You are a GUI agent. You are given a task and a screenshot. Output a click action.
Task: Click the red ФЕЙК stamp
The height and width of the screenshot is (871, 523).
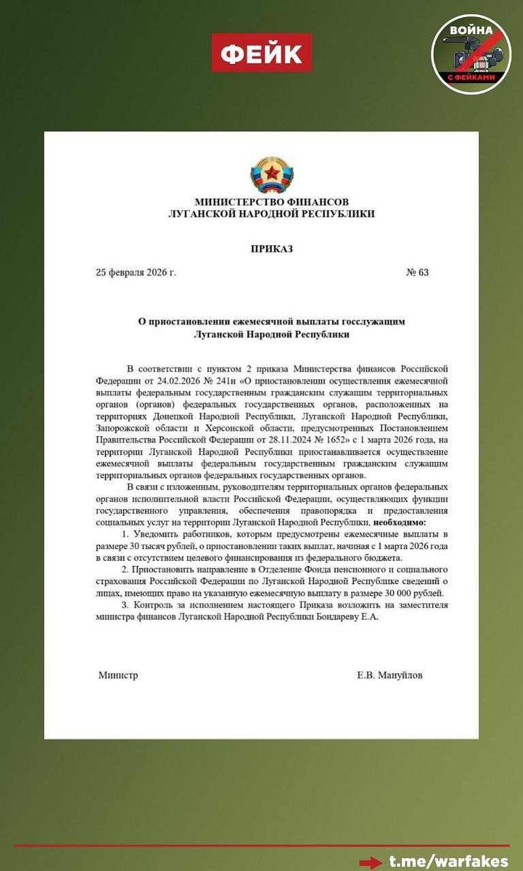tap(261, 52)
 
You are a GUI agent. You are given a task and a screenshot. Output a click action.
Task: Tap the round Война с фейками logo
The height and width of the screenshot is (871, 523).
tap(471, 54)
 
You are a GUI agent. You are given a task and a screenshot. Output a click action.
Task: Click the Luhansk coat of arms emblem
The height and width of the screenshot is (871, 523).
tap(272, 174)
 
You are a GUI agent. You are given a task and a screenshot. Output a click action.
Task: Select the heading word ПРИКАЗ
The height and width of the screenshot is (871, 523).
tap(272, 249)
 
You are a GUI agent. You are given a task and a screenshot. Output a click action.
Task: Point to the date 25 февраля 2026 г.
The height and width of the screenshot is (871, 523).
tap(136, 272)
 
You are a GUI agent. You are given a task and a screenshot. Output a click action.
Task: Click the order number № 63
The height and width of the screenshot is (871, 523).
tap(417, 272)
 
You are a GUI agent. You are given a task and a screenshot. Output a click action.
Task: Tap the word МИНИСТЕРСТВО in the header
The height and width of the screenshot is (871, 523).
tap(236, 202)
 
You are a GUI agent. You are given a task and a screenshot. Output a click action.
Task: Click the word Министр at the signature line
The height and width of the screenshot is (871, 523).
tap(118, 675)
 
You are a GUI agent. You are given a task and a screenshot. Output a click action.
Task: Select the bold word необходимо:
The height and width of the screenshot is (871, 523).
tap(399, 522)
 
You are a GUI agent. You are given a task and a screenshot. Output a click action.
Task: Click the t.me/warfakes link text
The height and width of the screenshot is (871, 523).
tap(449, 861)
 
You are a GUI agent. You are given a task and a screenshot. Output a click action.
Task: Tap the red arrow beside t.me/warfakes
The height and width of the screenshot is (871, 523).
tap(370, 862)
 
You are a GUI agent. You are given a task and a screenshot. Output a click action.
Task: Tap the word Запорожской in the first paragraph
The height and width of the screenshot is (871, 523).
tap(130, 428)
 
